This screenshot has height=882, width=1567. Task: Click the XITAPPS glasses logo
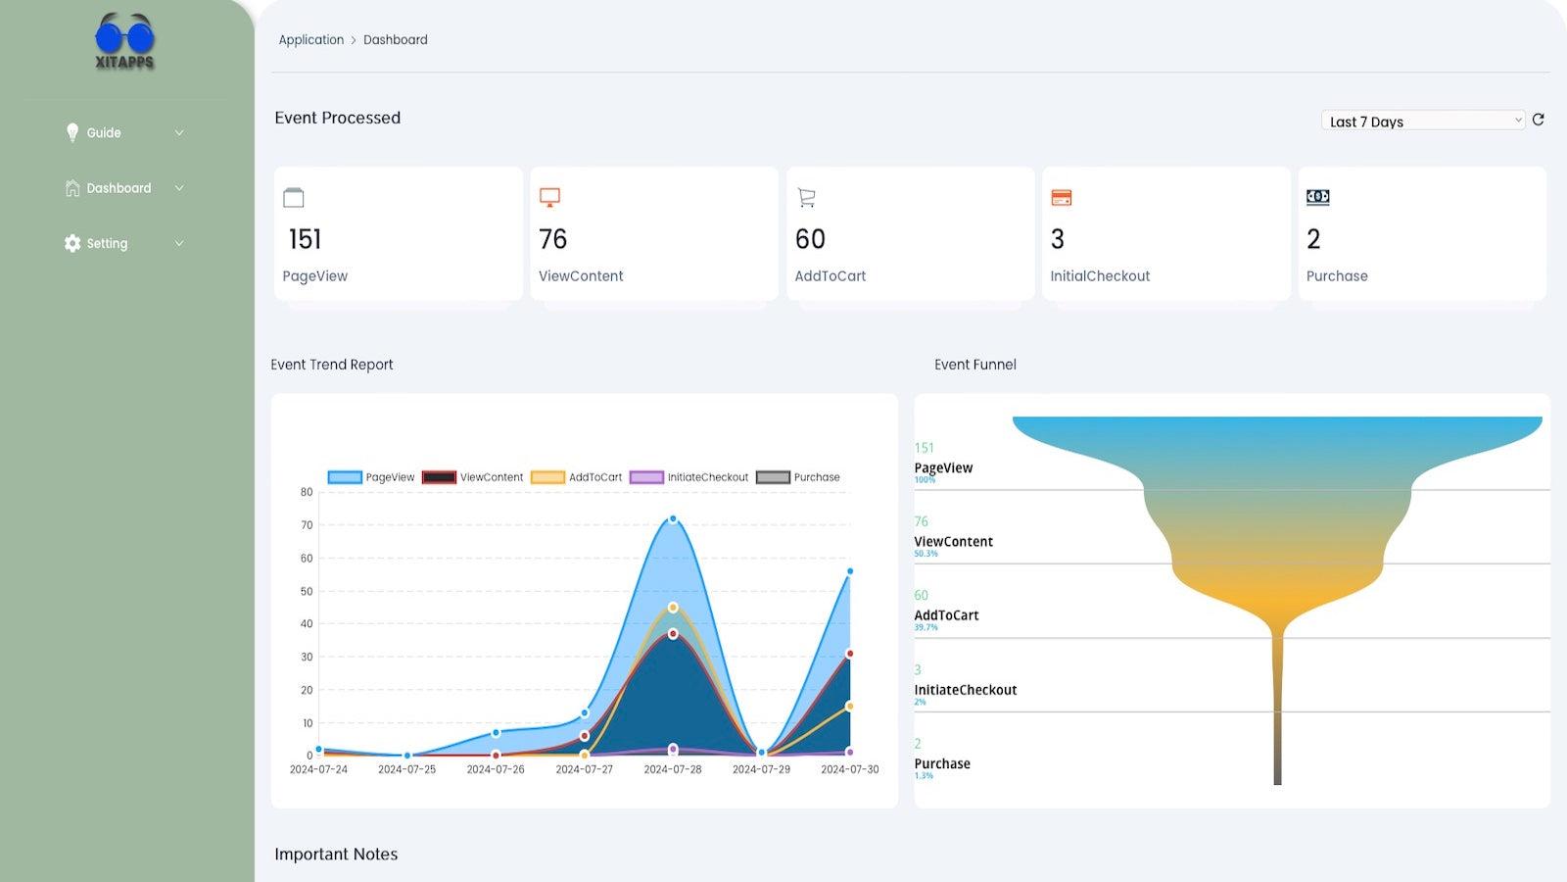coord(124,42)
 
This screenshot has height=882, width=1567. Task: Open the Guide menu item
coord(104,133)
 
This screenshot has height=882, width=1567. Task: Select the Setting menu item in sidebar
coord(107,244)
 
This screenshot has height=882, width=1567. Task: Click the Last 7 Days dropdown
coord(1422,121)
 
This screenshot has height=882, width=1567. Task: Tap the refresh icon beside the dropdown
coord(1538,120)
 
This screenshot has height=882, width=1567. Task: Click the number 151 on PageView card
coord(305,239)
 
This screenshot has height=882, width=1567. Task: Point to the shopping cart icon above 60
coord(806,198)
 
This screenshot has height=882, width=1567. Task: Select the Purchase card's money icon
coord(1317,197)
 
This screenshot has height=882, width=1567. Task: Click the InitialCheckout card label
coord(1100,276)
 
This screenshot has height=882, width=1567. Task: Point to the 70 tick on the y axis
coord(307,525)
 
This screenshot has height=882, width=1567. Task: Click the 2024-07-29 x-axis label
coord(761,769)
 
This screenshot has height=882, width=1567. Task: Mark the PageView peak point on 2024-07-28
coord(673,518)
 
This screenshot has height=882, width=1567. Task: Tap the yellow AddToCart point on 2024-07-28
coord(673,608)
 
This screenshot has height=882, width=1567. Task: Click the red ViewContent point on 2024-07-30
coord(849,654)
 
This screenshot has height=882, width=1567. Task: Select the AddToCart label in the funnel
coord(946,615)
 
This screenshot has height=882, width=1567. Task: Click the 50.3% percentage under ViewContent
coord(926,554)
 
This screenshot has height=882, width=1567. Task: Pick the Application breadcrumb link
coord(310,40)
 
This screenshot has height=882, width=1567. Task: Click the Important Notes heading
coord(336,855)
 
